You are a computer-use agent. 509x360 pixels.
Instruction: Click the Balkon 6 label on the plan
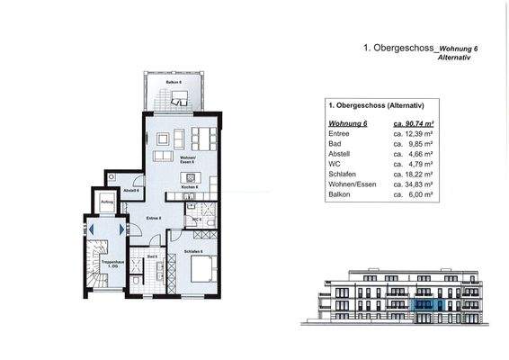tap(161, 82)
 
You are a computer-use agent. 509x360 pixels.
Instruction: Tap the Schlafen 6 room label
tap(193, 251)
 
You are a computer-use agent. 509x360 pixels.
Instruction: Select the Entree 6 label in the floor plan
tap(154, 219)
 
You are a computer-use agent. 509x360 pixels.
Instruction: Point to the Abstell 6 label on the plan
tap(130, 191)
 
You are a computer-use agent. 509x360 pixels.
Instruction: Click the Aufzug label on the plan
tap(106, 202)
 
